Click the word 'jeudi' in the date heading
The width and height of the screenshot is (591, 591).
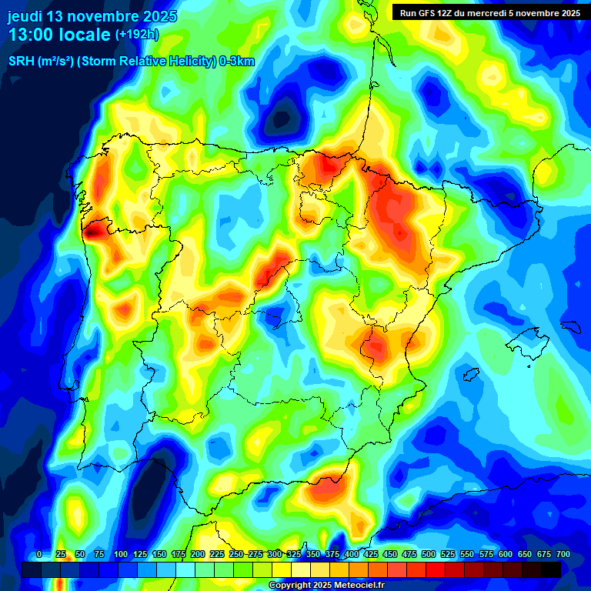pyautogui.click(x=25, y=16)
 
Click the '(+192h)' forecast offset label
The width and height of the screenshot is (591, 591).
pyautogui.click(x=136, y=35)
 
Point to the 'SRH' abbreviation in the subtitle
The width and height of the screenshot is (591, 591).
pyautogui.click(x=21, y=62)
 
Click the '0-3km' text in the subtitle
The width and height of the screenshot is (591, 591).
pyautogui.click(x=237, y=62)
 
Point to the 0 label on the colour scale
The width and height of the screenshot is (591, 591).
pyautogui.click(x=39, y=555)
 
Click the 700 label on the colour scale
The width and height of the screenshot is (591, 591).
pyautogui.click(x=563, y=555)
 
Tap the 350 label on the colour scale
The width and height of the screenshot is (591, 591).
pyautogui.click(x=313, y=555)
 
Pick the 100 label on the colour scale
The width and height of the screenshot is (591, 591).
pyautogui.click(x=121, y=555)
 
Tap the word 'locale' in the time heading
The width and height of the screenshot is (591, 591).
pyautogui.click(x=85, y=35)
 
